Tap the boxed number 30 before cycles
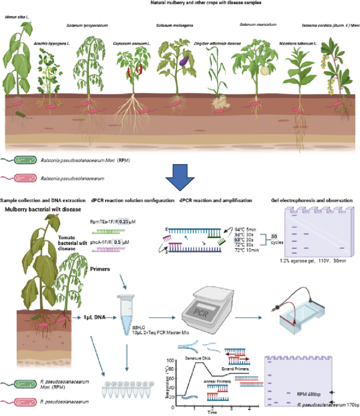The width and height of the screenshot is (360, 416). tap(273, 237)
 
